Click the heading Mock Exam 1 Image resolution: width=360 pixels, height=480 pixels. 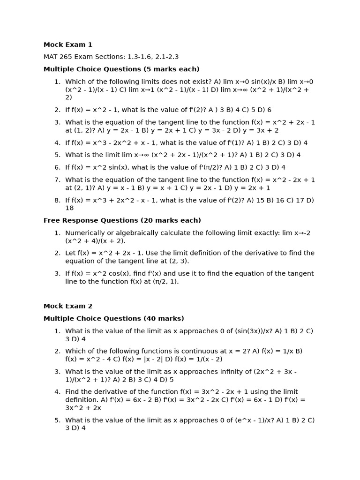(x=68, y=45)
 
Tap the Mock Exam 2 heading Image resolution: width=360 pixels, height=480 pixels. (x=68, y=306)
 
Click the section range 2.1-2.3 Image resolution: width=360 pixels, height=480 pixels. (x=165, y=57)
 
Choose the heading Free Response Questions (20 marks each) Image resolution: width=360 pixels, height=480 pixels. (x=122, y=220)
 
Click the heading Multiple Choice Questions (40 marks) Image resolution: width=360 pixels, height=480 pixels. (x=114, y=319)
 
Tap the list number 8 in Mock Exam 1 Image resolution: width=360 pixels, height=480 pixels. (x=57, y=200)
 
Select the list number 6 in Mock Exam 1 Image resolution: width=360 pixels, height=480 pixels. (x=57, y=167)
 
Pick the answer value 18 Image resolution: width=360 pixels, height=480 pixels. (x=69, y=208)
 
